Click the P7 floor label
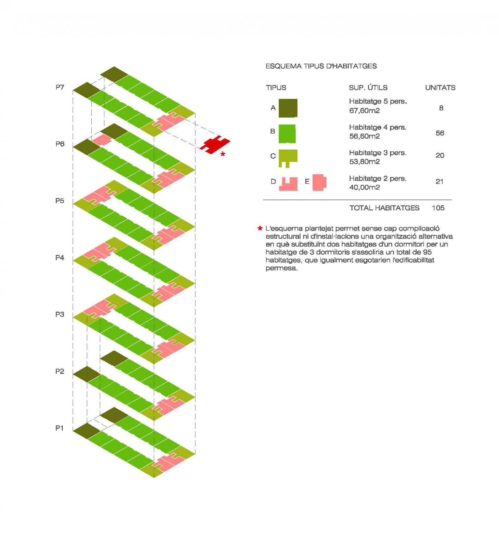tap(60, 87)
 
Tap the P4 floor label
tap(60, 258)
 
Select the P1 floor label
tap(59, 428)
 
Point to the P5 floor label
tap(60, 201)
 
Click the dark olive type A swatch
tap(288, 108)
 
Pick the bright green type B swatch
tap(287, 134)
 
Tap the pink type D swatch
tap(288, 184)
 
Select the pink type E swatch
tap(319, 182)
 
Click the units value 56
tap(440, 133)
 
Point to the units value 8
tap(441, 108)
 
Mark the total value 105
tap(438, 208)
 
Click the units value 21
tap(440, 181)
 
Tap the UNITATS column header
tap(440, 88)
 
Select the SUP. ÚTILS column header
tap(368, 88)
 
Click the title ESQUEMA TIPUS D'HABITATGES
tap(321, 66)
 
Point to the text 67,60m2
tap(365, 111)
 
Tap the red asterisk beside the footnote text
tap(260, 228)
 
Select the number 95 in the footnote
tap(427, 252)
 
